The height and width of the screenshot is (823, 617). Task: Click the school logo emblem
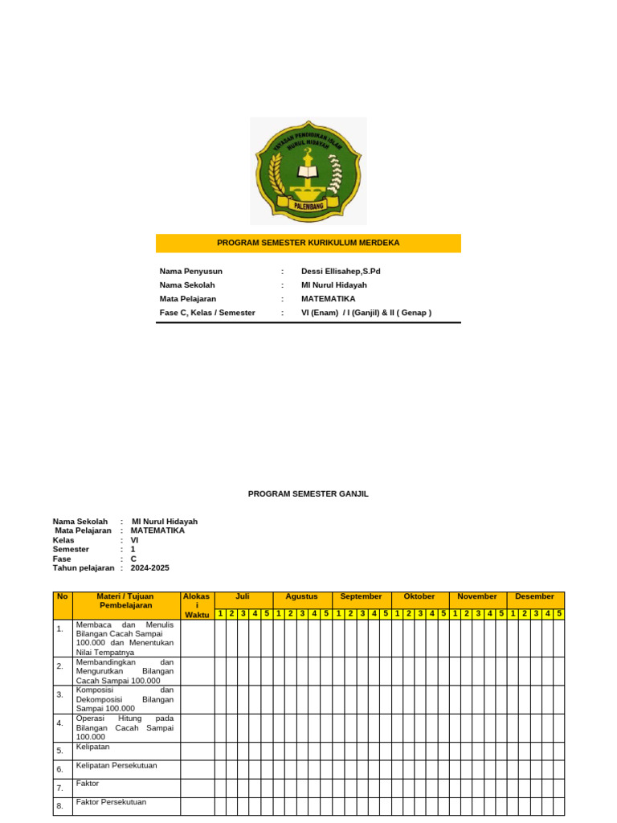[308, 170]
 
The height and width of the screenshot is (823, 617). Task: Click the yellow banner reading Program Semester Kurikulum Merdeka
[308, 243]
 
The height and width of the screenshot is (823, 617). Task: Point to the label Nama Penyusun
[191, 271]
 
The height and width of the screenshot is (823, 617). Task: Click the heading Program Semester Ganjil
[308, 494]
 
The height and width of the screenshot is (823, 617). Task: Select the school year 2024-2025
[150, 567]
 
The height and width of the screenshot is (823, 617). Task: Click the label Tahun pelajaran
[84, 567]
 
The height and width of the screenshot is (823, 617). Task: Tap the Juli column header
[243, 596]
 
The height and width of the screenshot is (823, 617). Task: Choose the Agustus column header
[301, 596]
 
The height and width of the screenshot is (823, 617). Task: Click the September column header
[361, 596]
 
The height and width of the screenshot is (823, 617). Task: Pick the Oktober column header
[419, 596]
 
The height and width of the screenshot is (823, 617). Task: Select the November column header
[477, 596]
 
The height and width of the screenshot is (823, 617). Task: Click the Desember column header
[535, 596]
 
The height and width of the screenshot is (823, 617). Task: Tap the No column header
[62, 596]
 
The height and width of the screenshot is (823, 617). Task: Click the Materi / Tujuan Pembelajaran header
[126, 600]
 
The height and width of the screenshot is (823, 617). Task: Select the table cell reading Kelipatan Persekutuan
[116, 766]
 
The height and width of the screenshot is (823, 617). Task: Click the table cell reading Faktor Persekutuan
[112, 802]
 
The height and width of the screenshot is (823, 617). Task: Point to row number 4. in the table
[60, 723]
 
